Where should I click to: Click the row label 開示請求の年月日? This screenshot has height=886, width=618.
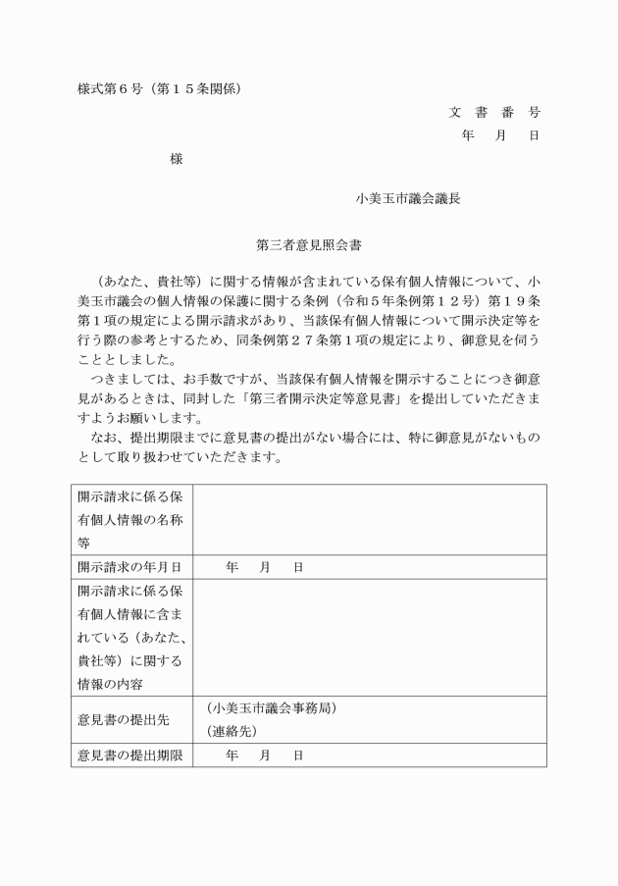[x=129, y=567]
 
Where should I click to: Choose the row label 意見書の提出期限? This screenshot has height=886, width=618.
[x=129, y=756]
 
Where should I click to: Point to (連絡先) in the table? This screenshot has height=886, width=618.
[x=232, y=732]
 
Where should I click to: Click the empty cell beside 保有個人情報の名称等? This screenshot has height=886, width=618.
[x=369, y=520]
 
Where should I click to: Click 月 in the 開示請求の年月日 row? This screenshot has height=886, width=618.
[x=265, y=567]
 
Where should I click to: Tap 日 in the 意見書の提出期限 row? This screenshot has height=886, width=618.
[x=298, y=756]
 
